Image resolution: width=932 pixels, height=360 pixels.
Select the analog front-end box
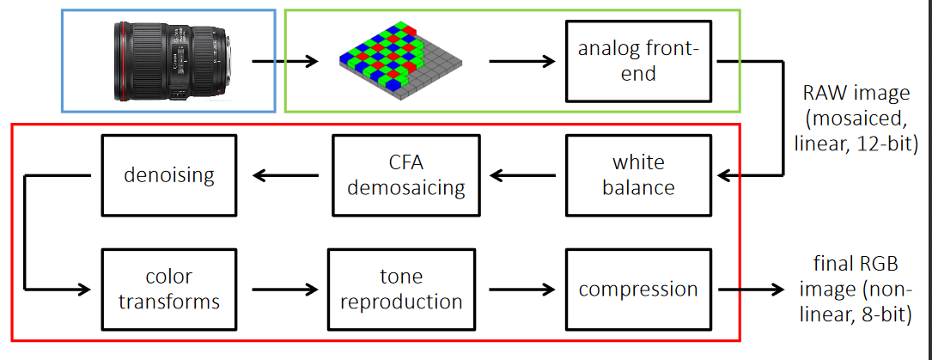[x=639, y=61]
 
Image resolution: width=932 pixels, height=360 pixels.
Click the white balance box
[x=639, y=174]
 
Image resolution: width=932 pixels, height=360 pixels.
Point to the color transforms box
[x=169, y=289]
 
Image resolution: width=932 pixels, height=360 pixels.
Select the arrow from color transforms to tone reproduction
[x=283, y=290]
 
